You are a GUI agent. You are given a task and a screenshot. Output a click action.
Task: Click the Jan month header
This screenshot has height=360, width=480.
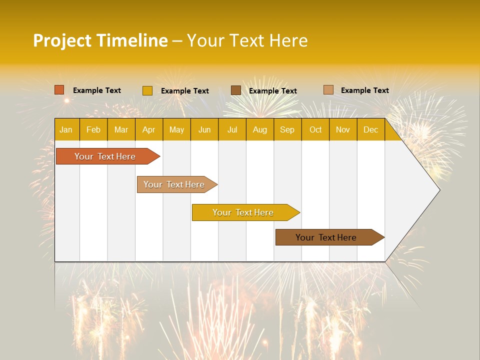pos(66,129)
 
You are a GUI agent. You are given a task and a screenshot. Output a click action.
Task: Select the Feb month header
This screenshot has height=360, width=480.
pos(93,129)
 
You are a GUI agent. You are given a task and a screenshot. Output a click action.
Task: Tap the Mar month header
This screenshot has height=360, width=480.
pos(121,129)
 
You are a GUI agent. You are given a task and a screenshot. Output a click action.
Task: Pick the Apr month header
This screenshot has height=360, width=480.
pos(149,129)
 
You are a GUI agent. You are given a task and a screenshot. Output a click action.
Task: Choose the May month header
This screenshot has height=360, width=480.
pos(176,129)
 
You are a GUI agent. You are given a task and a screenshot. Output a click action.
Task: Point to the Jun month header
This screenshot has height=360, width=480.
pos(204,129)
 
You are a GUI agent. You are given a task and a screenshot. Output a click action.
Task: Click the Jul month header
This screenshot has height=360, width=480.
pos(232,129)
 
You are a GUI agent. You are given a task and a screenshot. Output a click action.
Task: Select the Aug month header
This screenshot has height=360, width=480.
pos(260,129)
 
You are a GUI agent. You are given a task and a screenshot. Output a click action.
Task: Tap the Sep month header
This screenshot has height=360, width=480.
pos(287,129)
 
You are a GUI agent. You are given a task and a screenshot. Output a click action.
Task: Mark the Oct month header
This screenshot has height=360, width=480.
pos(315,129)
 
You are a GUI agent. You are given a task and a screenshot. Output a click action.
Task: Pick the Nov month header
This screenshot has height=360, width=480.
pos(343,129)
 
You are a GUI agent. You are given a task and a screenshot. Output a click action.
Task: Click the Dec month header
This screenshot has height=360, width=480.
pos(371,129)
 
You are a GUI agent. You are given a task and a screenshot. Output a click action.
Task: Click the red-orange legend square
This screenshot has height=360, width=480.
pos(59,90)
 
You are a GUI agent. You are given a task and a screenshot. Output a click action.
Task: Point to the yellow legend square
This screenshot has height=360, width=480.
pos(147,90)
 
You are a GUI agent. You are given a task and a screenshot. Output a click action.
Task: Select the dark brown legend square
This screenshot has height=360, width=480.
pos(236,90)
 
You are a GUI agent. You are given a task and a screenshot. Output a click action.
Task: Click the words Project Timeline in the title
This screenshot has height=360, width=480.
pos(100,40)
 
